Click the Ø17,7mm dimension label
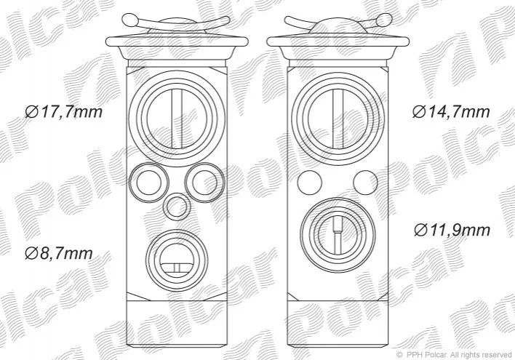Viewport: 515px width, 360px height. click(x=64, y=112)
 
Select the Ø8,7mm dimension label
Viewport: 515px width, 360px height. click(x=59, y=254)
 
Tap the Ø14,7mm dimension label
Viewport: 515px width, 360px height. click(x=451, y=112)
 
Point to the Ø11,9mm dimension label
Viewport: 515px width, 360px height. click(x=452, y=230)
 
